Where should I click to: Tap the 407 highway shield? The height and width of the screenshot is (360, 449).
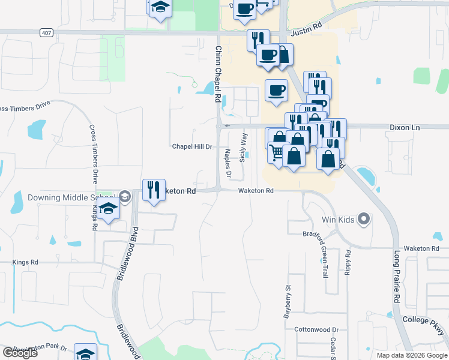pyautogui.click(x=45, y=32)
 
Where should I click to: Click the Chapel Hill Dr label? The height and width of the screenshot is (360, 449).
pyautogui.click(x=193, y=146)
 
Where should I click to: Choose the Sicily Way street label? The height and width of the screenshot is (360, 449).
pyautogui.click(x=243, y=148)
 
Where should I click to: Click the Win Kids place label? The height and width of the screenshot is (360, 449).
pyautogui.click(x=338, y=220)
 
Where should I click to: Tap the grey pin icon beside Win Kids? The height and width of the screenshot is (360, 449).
pyautogui.click(x=363, y=220)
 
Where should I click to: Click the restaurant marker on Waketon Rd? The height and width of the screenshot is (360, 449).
pyautogui.click(x=153, y=190)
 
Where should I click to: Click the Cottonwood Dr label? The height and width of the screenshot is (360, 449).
pyautogui.click(x=316, y=330)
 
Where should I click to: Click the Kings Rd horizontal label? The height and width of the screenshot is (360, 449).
pyautogui.click(x=25, y=262)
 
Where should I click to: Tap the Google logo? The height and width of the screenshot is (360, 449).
pyautogui.click(x=20, y=353)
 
